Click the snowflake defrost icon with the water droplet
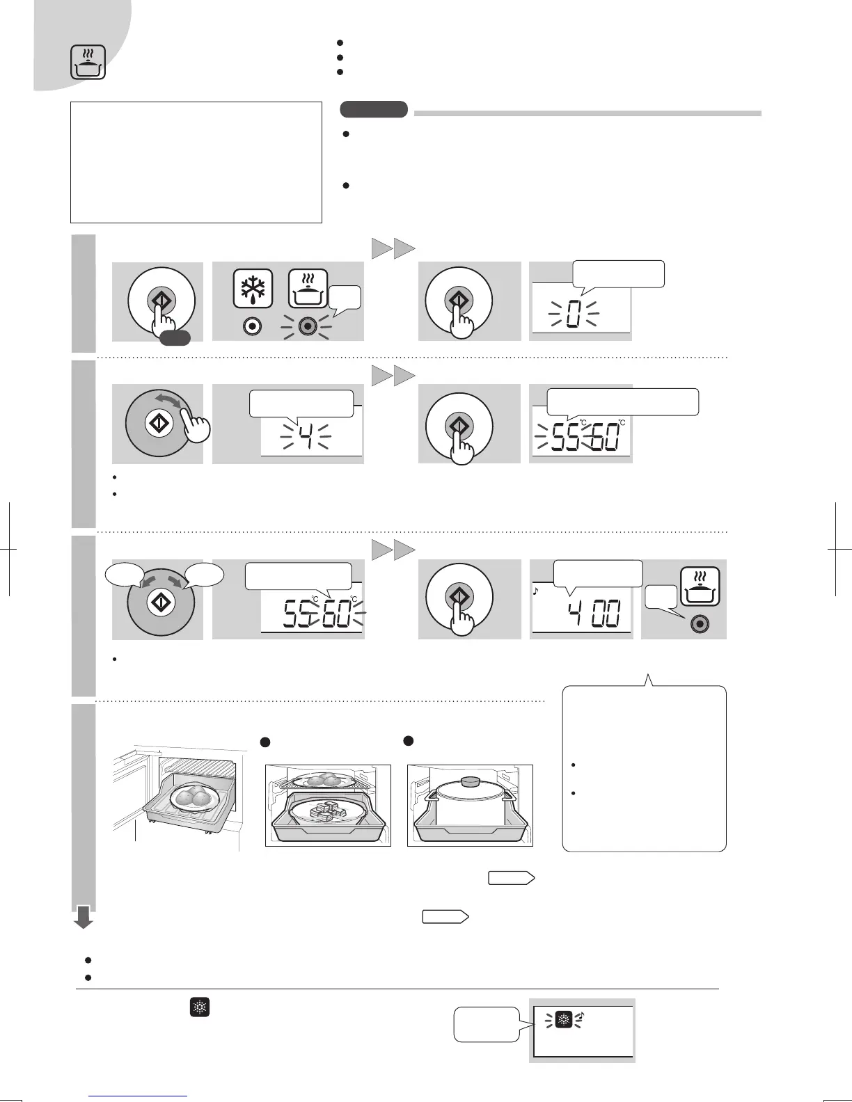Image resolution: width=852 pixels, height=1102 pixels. [x=253, y=288]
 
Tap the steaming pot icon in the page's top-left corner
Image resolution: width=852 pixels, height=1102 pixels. [x=88, y=62]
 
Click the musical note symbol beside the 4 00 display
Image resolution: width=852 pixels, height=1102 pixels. [x=537, y=593]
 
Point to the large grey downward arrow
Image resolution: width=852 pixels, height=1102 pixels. [x=84, y=918]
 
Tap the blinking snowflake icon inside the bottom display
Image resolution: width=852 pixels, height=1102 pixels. [x=564, y=1020]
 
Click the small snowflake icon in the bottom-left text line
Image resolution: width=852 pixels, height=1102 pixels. [x=200, y=1007]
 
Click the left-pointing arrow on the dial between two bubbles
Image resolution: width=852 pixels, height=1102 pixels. [x=148, y=582]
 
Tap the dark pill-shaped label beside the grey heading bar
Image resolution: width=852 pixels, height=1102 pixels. [x=374, y=109]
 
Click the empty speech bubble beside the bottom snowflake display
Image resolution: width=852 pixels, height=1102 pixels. [x=487, y=1024]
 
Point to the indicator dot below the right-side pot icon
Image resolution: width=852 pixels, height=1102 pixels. [x=700, y=624]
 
